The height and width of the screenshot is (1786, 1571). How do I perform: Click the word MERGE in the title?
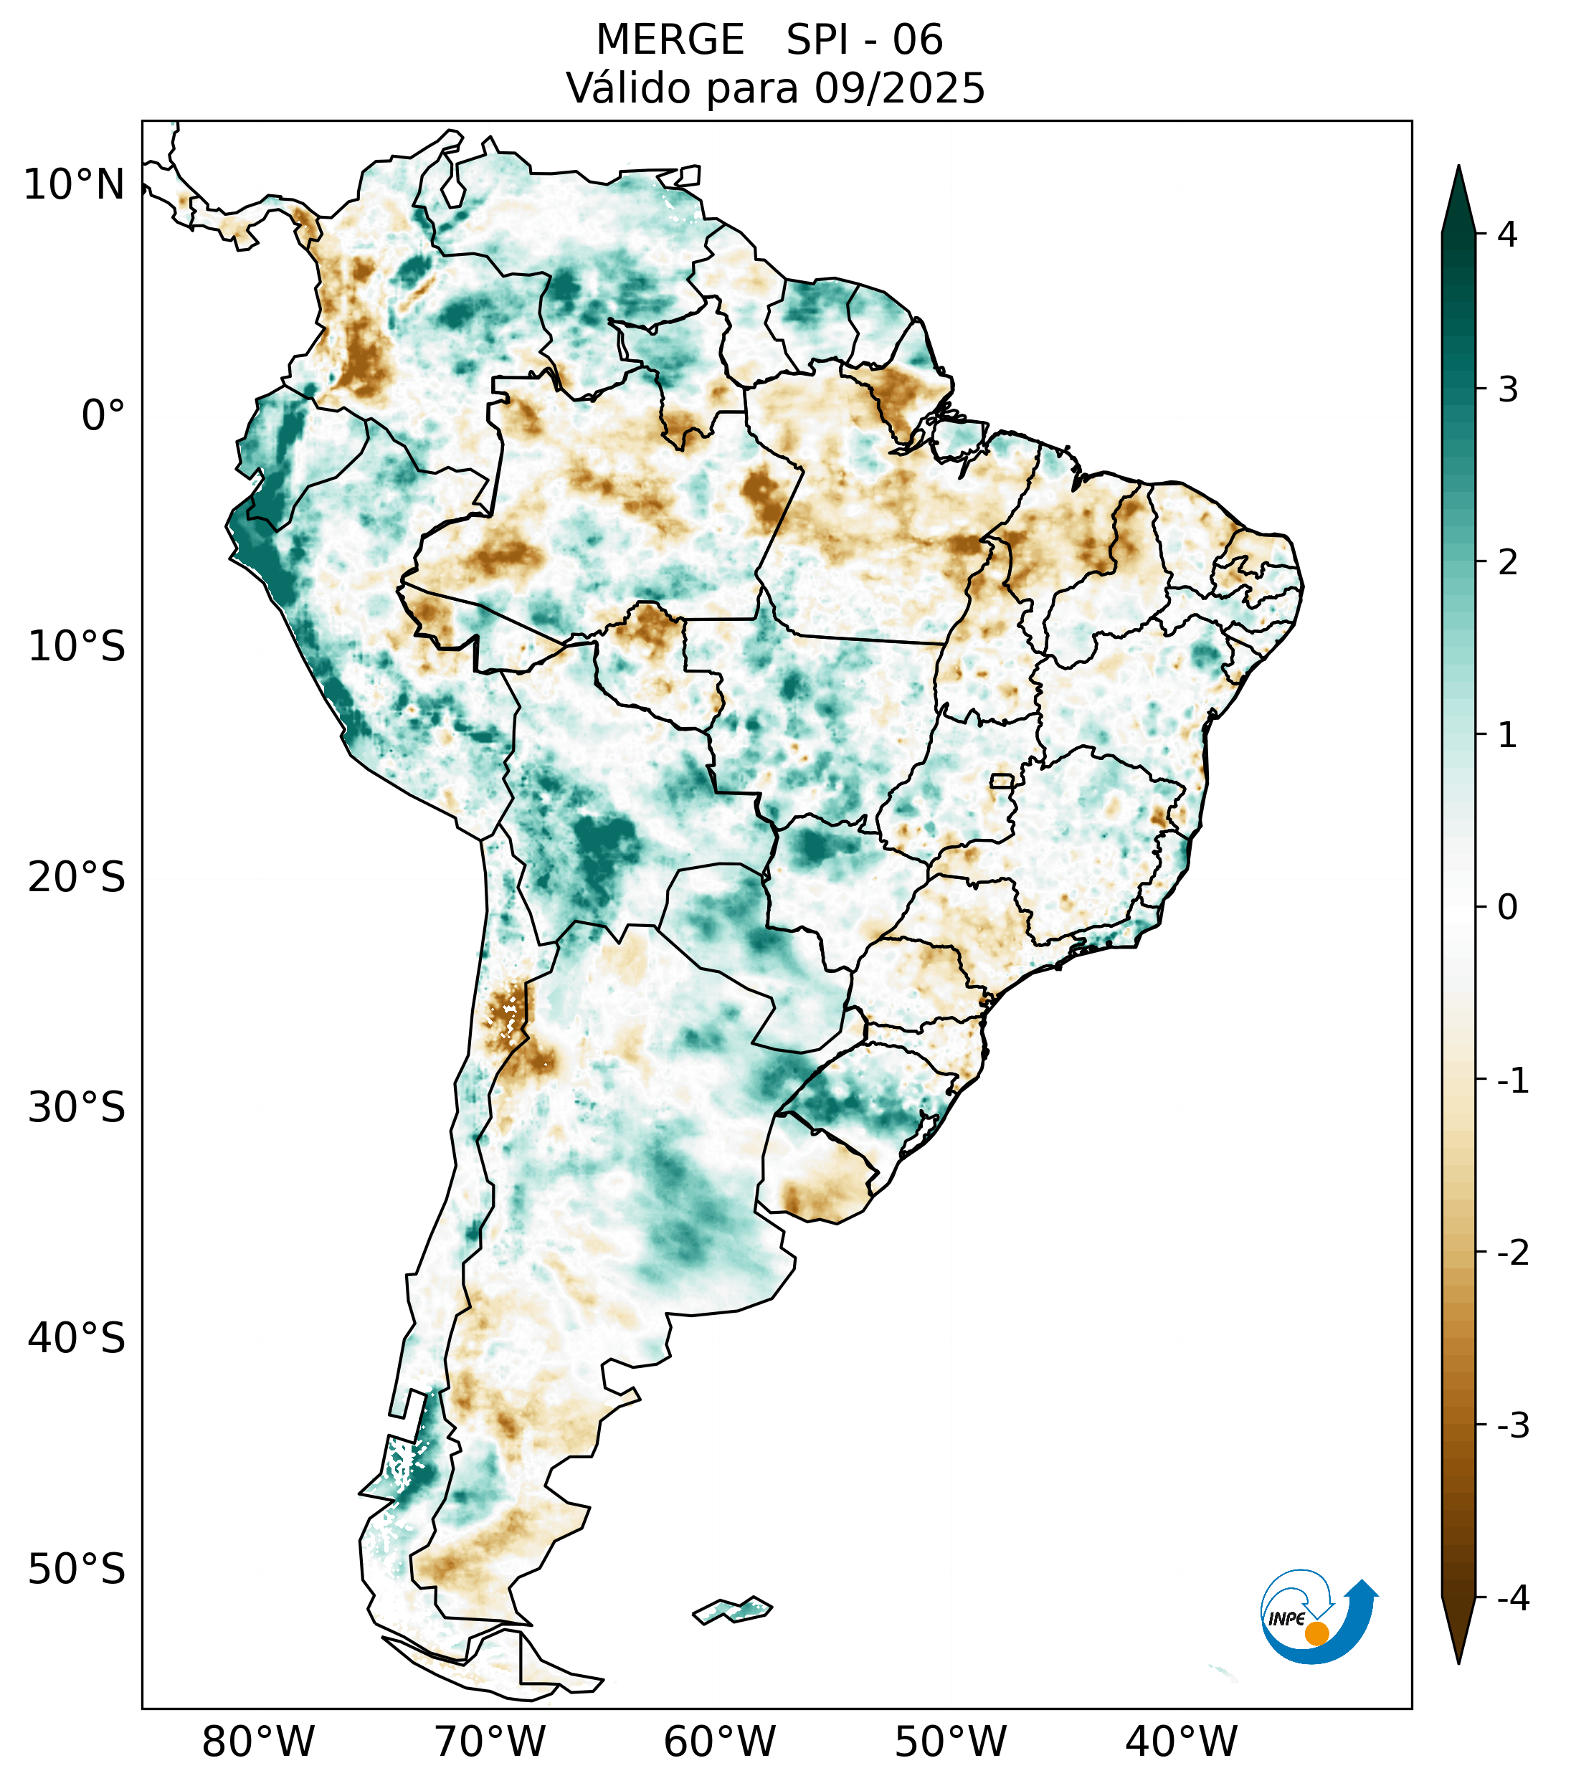tap(670, 40)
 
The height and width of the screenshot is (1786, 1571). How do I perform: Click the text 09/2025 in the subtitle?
tap(899, 88)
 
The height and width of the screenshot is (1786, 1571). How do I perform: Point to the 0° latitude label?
tap(103, 416)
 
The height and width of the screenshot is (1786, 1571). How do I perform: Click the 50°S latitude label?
tap(77, 1570)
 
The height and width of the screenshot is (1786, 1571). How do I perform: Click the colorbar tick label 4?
tap(1507, 234)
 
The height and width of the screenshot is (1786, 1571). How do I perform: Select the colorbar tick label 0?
tap(1507, 908)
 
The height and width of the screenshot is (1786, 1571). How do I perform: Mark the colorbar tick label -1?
tap(1512, 1081)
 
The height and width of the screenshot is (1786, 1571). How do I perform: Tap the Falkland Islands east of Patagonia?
tap(732, 1610)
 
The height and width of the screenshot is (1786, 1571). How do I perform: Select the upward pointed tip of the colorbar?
tap(1458, 168)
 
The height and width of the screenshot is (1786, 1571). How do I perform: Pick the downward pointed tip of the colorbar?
tap(1458, 1661)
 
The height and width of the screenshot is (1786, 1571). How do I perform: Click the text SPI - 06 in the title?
tap(864, 40)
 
